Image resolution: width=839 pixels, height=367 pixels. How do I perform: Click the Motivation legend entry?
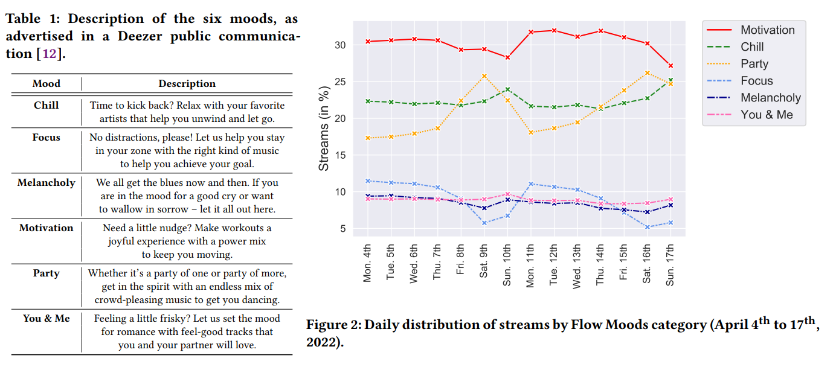tap(768, 30)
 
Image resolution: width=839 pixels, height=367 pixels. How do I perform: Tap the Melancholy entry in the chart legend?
tap(771, 98)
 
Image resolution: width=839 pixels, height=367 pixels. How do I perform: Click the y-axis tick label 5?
tap(342, 229)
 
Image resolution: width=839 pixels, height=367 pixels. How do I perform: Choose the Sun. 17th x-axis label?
tap(670, 264)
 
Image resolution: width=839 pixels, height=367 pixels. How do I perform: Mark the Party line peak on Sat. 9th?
tap(484, 76)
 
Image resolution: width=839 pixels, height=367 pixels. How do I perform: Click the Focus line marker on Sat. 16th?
tap(647, 227)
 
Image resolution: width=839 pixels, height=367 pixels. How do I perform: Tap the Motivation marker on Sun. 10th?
tap(507, 57)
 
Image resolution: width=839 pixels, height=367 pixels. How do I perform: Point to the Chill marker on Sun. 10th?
tap(507, 89)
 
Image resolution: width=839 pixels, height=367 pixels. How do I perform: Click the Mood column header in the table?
tap(46, 83)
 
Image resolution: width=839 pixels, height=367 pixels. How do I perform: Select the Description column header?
tap(187, 83)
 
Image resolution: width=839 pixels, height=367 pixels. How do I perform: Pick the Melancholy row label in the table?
tap(46, 182)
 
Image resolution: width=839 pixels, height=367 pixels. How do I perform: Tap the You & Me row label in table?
tap(46, 318)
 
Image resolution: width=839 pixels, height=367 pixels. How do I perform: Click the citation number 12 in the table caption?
tap(49, 53)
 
